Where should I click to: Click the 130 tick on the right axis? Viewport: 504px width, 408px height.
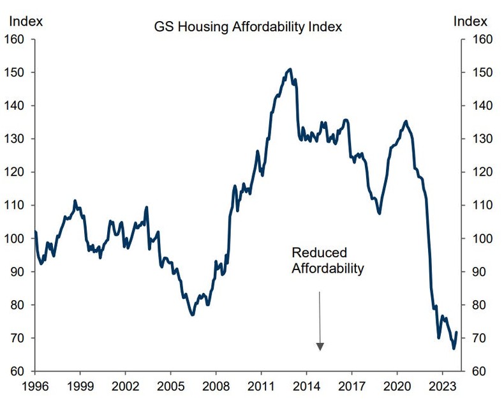click(x=480, y=139)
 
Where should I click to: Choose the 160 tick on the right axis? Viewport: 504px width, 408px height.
click(x=480, y=39)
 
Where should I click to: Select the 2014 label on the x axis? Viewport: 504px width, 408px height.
click(x=306, y=387)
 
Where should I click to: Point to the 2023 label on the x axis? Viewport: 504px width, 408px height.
click(x=442, y=387)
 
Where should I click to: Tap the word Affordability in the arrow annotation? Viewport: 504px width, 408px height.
click(x=328, y=268)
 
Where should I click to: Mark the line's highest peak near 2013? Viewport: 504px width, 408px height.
click(x=290, y=69)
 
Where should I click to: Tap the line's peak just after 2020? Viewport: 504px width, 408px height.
click(x=406, y=121)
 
